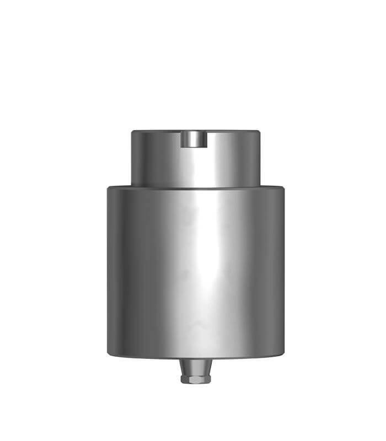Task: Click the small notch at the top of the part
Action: (195, 140)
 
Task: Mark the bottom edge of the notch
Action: (195, 149)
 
